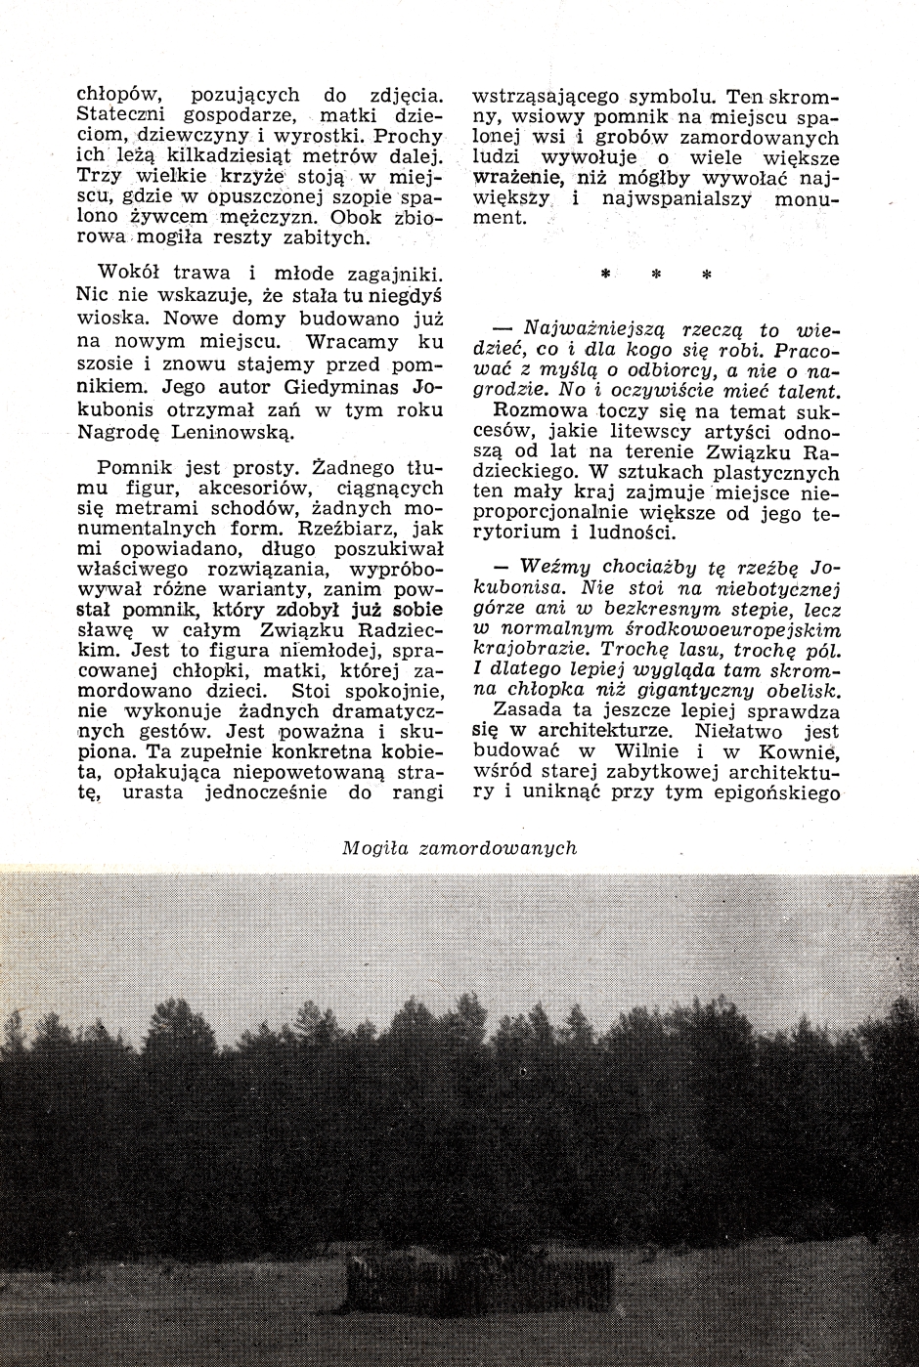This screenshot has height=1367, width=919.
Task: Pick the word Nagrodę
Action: pos(114,432)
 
